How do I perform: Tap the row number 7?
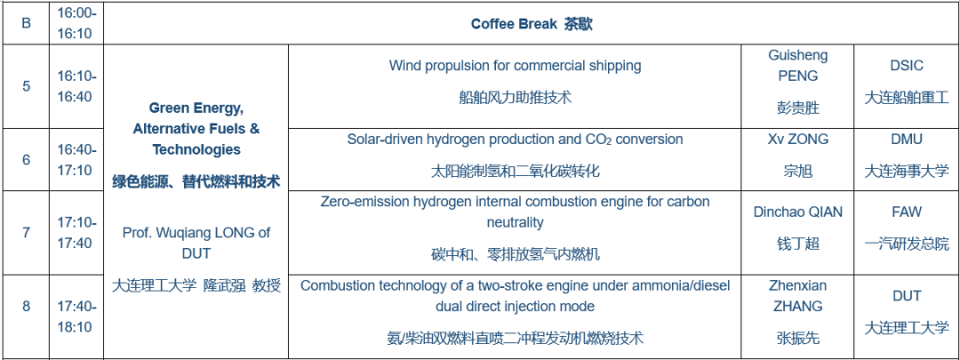pyautogui.click(x=27, y=233)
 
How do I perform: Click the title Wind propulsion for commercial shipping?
pyautogui.click(x=516, y=66)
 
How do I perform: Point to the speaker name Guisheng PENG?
pyautogui.click(x=797, y=66)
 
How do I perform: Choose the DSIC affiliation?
pyautogui.click(x=907, y=66)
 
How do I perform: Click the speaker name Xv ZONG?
pyautogui.click(x=797, y=139)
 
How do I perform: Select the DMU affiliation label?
pyautogui.click(x=907, y=139)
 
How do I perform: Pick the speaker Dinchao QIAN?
pyautogui.click(x=797, y=212)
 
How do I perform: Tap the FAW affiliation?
pyautogui.click(x=907, y=212)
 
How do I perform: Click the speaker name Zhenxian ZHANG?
pyautogui.click(x=797, y=296)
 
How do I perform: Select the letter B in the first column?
pyautogui.click(x=27, y=24)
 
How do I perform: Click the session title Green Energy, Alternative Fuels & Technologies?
pyautogui.click(x=196, y=129)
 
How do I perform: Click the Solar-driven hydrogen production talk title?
pyautogui.click(x=515, y=139)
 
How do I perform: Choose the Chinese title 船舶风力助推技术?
pyautogui.click(x=516, y=97)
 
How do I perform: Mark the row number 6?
pyautogui.click(x=27, y=160)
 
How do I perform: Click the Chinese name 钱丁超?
pyautogui.click(x=797, y=244)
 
